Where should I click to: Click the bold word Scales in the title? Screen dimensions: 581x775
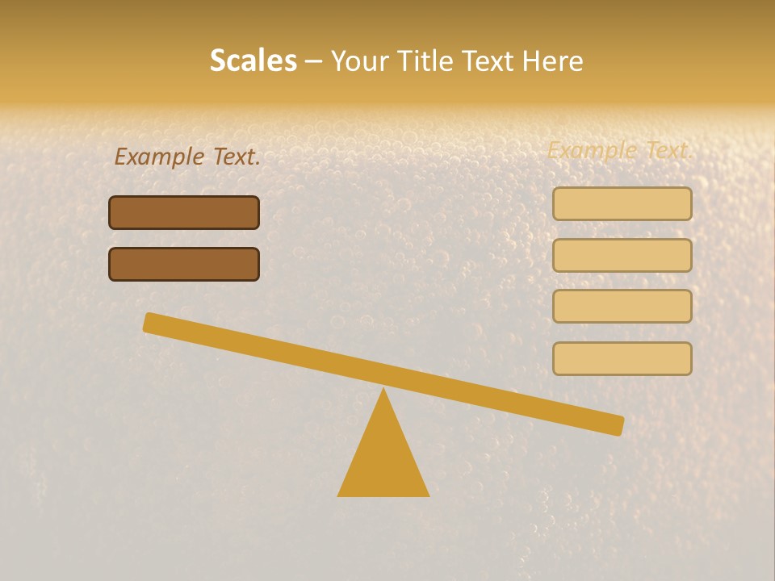[x=253, y=61]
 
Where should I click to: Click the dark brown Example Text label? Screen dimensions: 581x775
[x=187, y=157]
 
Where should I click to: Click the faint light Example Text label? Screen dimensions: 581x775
[x=620, y=150]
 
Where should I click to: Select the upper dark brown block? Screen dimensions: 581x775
[x=184, y=212]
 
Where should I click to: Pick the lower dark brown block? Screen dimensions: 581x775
[x=184, y=264]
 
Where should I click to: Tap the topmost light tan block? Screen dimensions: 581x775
[x=622, y=204]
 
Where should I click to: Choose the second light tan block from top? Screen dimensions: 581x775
[x=622, y=255]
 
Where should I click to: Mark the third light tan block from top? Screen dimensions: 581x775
[x=622, y=307]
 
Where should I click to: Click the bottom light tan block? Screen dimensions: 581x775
[x=622, y=358]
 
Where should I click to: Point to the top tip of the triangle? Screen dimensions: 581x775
[x=383, y=391]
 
